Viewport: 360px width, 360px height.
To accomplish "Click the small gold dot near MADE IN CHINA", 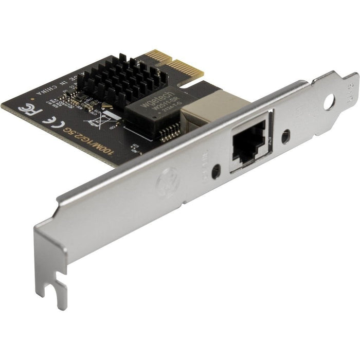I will coord(32,96).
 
